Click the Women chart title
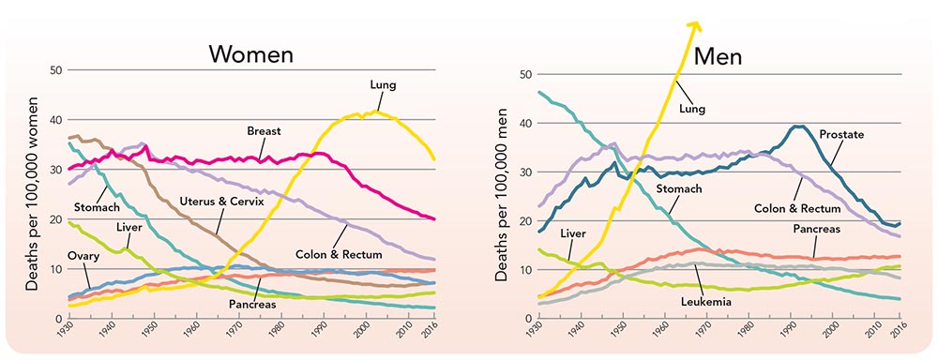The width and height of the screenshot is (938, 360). pos(250,53)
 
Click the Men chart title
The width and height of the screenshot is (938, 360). pos(718,57)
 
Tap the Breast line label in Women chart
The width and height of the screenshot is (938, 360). pos(265,131)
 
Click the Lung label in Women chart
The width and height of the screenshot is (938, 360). pos(383,85)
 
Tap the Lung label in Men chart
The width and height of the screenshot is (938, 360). pos(692,109)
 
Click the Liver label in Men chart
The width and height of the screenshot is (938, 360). pos(572,232)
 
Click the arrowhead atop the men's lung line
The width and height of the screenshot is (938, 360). pos(695,25)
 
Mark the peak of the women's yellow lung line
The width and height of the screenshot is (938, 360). pos(376,112)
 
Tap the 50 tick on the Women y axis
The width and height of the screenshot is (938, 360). pos(55,70)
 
